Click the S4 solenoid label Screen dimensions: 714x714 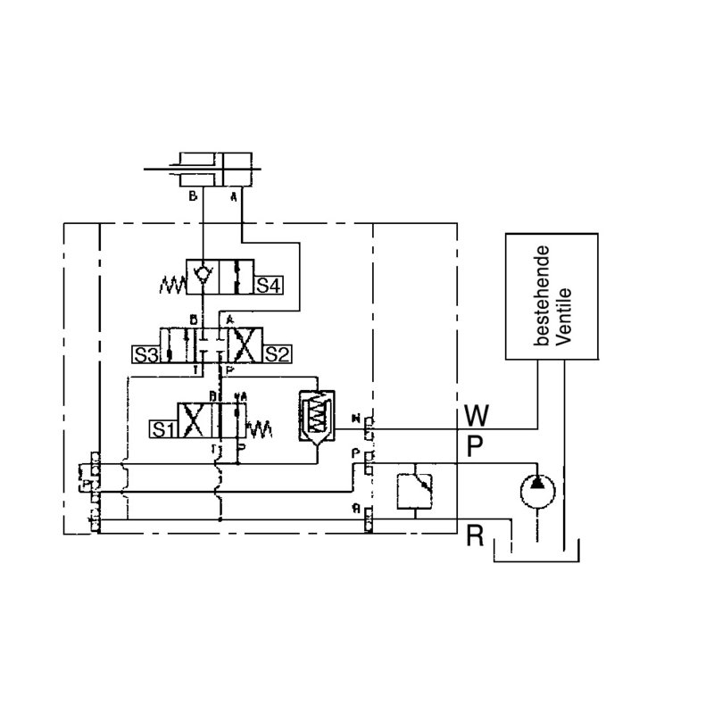tap(270, 286)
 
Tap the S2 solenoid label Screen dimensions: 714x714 tap(275, 353)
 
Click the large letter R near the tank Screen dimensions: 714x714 tap(475, 536)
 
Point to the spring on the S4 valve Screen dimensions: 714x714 tap(170, 286)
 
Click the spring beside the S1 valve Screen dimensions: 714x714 tap(260, 429)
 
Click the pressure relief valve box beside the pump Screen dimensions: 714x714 tap(413, 487)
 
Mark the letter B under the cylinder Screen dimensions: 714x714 tap(192, 197)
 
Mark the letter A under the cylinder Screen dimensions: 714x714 tap(235, 197)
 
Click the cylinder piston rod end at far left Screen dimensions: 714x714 tap(150, 168)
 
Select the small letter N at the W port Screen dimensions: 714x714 tap(357, 417)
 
